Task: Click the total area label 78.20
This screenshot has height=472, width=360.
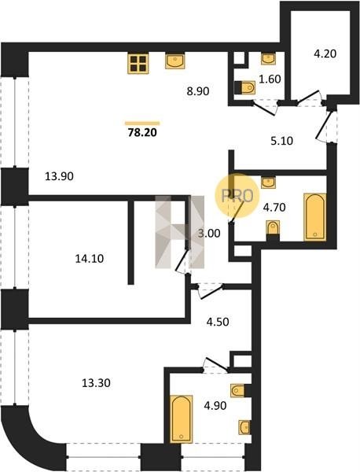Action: tap(142, 132)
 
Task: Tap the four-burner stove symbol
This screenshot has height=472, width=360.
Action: tap(138, 64)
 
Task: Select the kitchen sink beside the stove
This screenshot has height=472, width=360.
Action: tap(174, 61)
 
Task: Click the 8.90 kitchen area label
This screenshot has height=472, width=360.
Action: tap(197, 91)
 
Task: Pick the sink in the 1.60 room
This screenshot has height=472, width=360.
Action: tap(268, 59)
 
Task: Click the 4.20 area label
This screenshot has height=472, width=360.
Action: tap(325, 53)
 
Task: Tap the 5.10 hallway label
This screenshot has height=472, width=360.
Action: tap(281, 141)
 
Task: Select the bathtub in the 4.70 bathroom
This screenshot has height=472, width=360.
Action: tap(315, 217)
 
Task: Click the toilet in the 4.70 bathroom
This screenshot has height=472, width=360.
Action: tap(273, 230)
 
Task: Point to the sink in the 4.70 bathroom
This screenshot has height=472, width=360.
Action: tap(268, 183)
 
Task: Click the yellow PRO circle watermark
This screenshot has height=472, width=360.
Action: tap(237, 196)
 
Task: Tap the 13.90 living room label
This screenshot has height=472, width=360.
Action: tap(59, 176)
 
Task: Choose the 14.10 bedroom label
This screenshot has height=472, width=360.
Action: tap(89, 258)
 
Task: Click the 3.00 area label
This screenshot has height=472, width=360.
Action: tap(209, 234)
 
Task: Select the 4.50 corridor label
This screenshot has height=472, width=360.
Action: tap(218, 322)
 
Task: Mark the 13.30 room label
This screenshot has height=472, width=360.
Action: tap(96, 383)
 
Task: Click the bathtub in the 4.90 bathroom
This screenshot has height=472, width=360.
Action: tap(182, 419)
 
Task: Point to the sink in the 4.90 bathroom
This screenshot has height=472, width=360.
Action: tap(244, 427)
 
